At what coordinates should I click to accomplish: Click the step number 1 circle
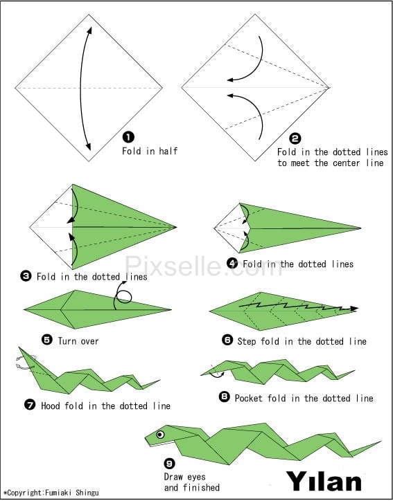pos(128,138)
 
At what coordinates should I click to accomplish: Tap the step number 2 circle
pos(295,138)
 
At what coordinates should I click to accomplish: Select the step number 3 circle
pos(26,275)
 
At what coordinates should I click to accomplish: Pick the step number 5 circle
pos(47,340)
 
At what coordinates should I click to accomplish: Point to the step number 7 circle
pos(30,405)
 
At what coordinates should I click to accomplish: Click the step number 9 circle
pos(169,464)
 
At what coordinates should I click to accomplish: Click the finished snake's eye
pos(160,435)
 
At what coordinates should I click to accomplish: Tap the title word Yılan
pos(324,482)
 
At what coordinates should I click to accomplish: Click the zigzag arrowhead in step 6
pos(353,309)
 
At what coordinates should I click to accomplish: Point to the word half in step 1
pos(168,151)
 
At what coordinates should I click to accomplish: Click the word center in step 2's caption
pos(347,163)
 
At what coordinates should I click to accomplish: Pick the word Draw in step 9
pos(173,477)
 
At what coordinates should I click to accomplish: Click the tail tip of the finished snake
pos(381,441)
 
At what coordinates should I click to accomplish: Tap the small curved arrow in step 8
pos(217,374)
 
